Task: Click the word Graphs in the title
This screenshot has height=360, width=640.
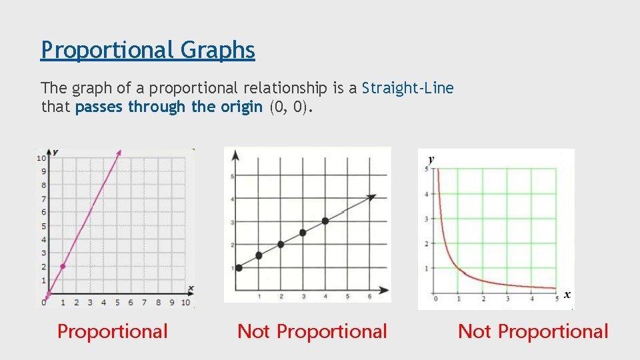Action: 217,50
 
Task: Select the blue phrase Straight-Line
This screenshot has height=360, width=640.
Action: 408,88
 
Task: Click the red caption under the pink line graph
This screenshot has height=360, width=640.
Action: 113,331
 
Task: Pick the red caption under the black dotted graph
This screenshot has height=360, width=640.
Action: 312,331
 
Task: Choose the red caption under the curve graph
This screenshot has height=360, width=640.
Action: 533,331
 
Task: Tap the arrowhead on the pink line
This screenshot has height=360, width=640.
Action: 119,153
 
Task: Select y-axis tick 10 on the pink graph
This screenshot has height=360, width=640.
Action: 41,158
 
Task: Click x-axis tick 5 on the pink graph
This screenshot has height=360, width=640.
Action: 117,303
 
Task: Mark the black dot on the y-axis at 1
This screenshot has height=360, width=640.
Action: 239,268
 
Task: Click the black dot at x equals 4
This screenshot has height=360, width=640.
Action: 325,221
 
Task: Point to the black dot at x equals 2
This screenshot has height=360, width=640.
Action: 281,245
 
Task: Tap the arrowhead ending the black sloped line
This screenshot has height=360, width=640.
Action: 371,197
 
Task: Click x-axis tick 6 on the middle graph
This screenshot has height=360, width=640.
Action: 370,297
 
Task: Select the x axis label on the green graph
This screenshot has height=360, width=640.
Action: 567,295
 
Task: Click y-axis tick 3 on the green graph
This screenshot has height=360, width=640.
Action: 427,219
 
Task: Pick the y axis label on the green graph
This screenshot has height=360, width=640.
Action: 431,159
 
